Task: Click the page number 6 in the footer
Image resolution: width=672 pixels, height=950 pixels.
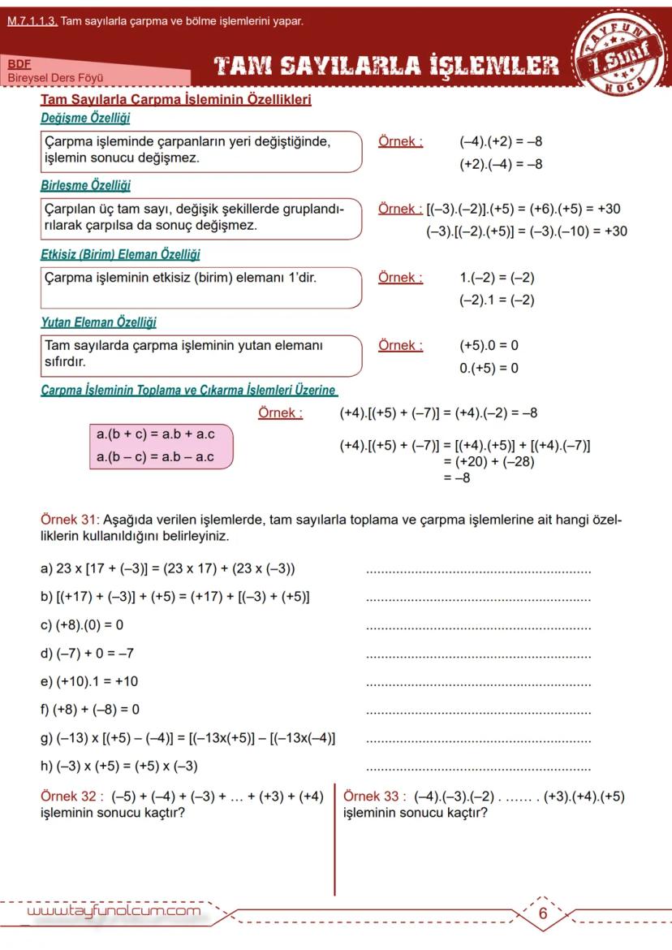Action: [x=543, y=913]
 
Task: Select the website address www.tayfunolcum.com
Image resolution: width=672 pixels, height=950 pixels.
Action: [x=114, y=912]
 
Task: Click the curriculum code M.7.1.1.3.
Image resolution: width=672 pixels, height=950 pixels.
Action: [x=32, y=21]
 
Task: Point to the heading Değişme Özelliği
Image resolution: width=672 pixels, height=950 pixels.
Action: [x=85, y=119]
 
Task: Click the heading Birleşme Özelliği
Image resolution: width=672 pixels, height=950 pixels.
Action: [x=85, y=186]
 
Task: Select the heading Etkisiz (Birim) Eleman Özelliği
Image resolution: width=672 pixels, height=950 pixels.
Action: [x=120, y=254]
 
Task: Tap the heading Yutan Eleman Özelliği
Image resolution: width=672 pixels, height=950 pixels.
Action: [x=98, y=322]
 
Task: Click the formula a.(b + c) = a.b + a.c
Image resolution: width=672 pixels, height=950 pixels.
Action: [x=155, y=435]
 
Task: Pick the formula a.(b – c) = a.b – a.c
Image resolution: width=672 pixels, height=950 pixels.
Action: [x=155, y=456]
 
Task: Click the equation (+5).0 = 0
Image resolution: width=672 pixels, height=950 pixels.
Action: [x=489, y=346]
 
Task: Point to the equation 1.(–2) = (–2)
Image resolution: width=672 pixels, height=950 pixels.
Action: [x=497, y=279]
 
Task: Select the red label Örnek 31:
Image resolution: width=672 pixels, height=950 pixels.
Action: [x=70, y=519]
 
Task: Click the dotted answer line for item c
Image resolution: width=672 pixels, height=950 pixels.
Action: [x=479, y=628]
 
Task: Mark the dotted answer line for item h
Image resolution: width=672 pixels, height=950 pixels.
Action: [x=479, y=768]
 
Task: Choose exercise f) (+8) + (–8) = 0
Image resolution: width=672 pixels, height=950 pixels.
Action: [x=90, y=710]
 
